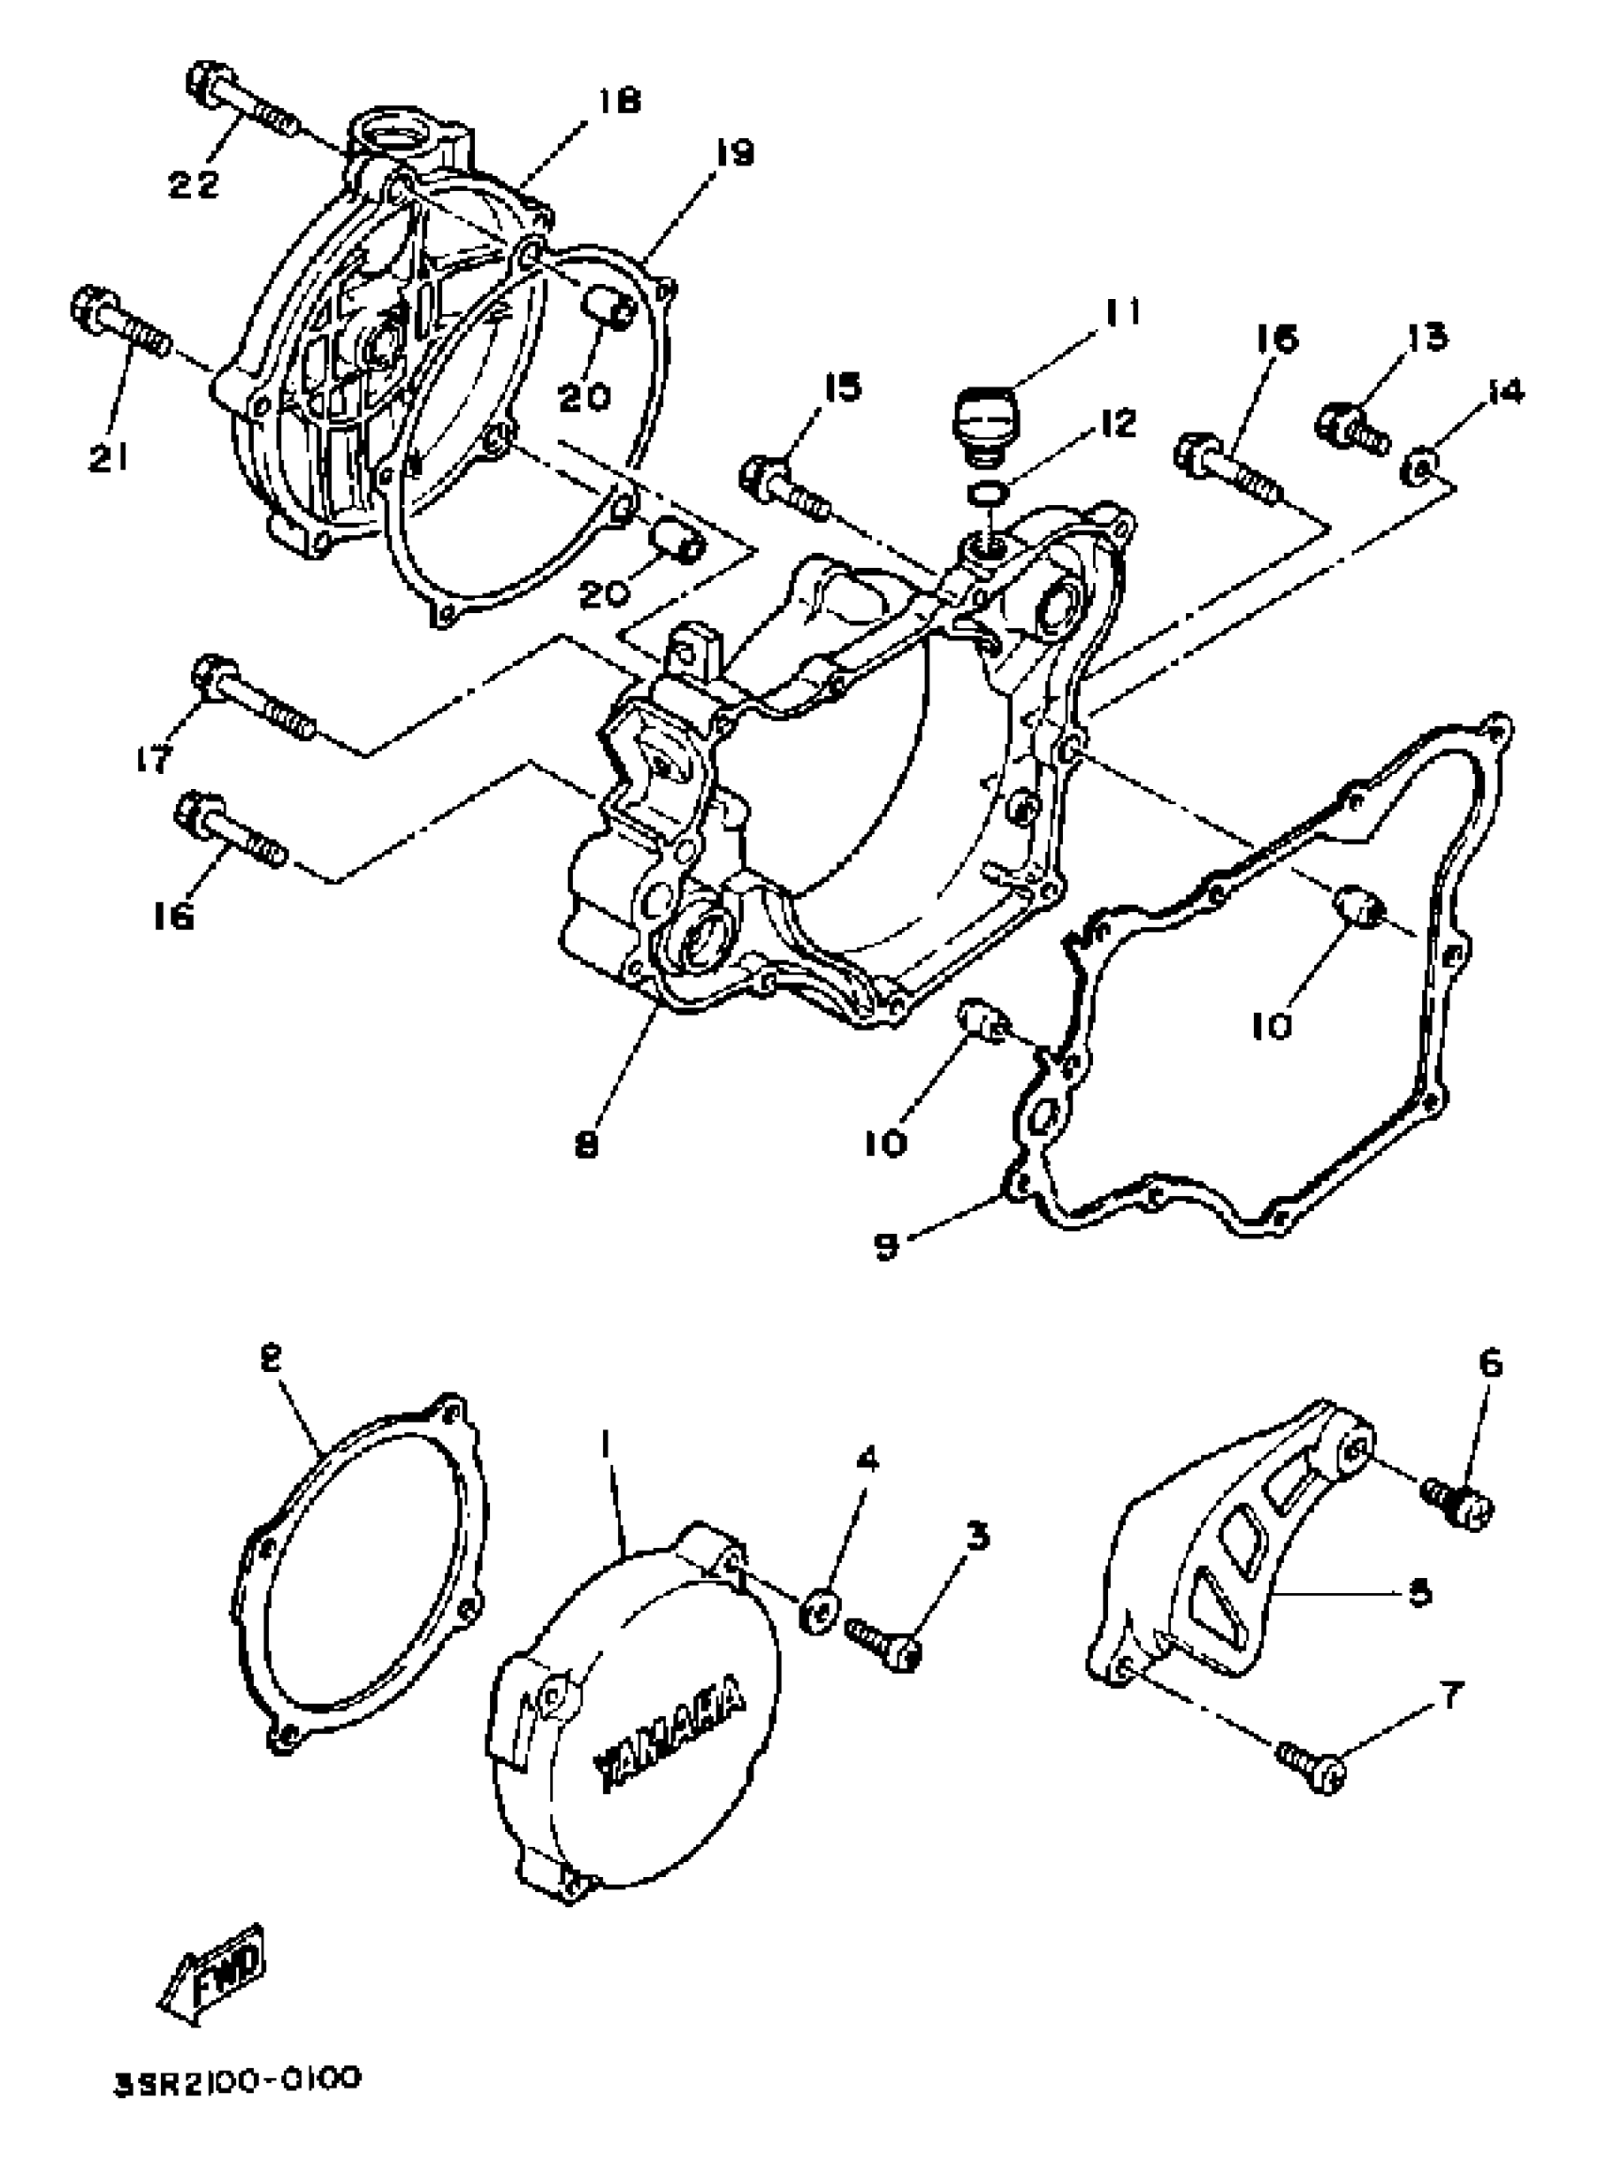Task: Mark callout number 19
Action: [x=736, y=153]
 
